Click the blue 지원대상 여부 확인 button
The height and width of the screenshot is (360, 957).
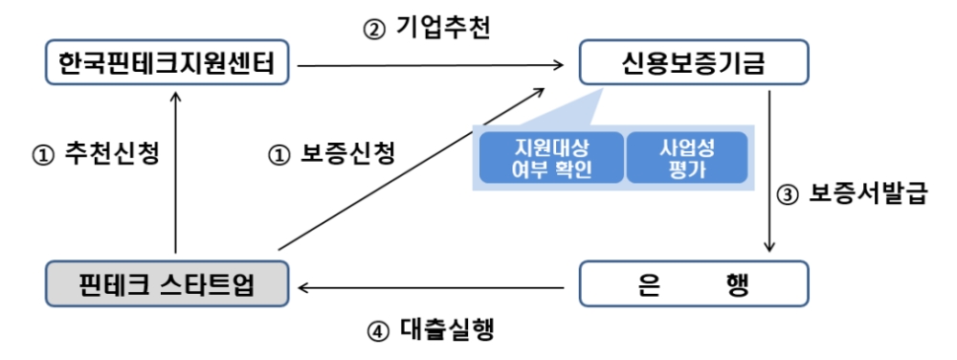click(549, 159)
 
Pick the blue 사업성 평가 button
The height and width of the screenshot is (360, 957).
click(687, 159)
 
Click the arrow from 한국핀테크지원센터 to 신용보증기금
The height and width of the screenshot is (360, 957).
click(431, 65)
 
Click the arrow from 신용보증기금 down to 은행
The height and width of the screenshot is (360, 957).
click(770, 172)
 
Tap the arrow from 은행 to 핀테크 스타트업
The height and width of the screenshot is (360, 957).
click(431, 284)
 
